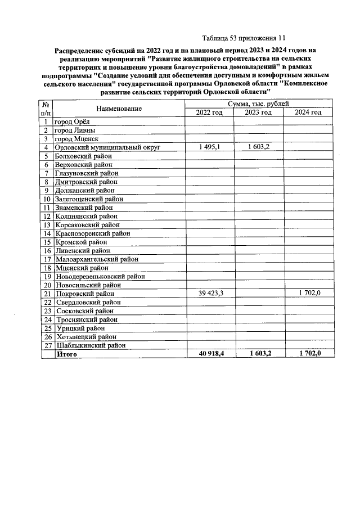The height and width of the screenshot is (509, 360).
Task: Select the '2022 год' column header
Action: pos(209,113)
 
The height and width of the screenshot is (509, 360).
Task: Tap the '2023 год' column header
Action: pos(259,113)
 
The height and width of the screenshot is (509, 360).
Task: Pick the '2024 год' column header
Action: pos(308,113)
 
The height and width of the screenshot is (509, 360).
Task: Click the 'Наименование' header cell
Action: pos(119,109)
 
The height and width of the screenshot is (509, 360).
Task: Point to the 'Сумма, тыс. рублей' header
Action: pos(259,105)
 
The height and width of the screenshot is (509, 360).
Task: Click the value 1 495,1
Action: pos(209,147)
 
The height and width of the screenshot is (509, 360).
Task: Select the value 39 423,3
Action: pos(209,294)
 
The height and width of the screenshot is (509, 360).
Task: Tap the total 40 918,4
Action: pos(209,353)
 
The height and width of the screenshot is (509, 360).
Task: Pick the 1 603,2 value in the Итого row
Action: pos(259,353)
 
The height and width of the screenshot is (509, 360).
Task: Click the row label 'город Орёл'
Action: pos(71,121)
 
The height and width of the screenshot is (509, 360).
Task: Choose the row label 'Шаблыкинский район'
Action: pos(90,345)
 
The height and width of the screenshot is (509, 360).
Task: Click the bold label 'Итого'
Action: pos(66,354)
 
